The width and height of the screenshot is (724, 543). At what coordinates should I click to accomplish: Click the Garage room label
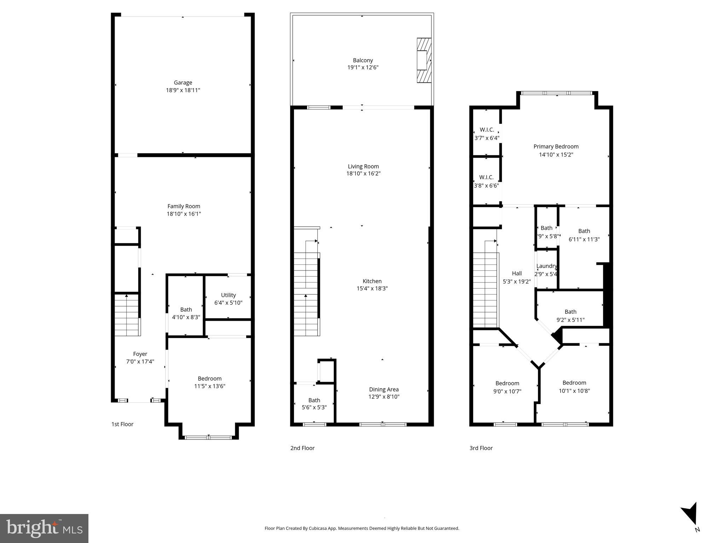point(183,83)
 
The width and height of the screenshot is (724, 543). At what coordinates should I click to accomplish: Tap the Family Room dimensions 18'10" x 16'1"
point(184,214)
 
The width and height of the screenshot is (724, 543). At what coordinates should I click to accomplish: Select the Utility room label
point(228,295)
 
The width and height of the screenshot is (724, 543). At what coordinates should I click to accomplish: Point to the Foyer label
point(140,354)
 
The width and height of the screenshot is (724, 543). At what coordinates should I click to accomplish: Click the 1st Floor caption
point(122,424)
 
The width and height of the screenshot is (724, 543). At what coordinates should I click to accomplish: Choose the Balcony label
point(363,60)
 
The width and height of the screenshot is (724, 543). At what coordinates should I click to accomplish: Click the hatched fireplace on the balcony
point(424,60)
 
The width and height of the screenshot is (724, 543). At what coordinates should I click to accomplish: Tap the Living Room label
point(363,167)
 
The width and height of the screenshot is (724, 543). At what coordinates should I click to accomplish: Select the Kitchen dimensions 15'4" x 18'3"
point(372,288)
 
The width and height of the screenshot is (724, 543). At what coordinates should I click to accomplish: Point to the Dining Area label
point(384,390)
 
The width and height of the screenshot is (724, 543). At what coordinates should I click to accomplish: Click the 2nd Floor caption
point(302,448)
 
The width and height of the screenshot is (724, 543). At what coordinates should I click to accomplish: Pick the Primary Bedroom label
point(556,147)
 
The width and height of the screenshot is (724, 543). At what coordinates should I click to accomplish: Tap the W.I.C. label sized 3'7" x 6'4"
point(487,130)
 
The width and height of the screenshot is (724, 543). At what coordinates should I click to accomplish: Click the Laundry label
point(546,266)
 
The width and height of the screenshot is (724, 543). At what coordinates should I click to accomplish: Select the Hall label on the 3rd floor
point(517,273)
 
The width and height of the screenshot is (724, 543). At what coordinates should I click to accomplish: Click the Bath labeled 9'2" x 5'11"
point(570,312)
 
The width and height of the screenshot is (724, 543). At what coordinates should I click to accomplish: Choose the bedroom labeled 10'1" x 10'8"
point(574,383)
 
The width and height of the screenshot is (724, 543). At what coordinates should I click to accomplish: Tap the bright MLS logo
point(44,529)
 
